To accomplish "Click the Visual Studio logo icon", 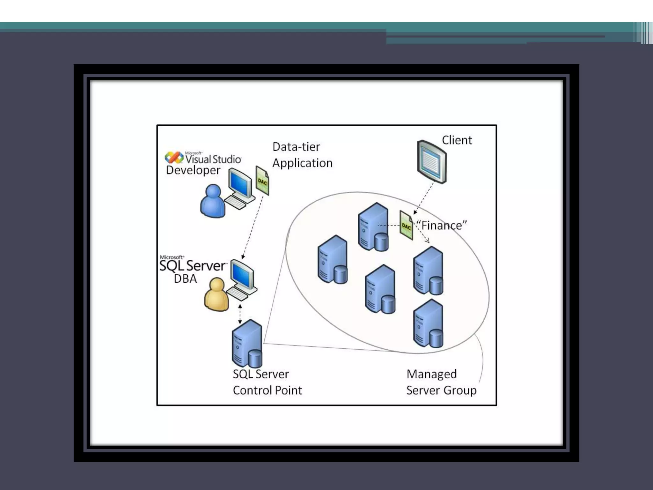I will point(173,158).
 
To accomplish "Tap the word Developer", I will point(193,170).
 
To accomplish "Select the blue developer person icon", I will point(212,201).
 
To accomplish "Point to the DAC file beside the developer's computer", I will point(262,181).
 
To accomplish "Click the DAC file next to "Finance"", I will point(406,225).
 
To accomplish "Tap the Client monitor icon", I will point(432,162).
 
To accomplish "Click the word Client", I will point(457,140).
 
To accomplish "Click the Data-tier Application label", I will point(302,155).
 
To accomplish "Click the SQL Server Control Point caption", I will point(267,382).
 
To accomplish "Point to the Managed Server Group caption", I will point(441,382).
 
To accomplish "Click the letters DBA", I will point(185,279).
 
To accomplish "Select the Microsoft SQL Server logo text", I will point(193,264).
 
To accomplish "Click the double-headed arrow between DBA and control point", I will point(240,314).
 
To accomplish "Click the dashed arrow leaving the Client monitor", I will point(424,198).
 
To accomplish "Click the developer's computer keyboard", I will point(235,202).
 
